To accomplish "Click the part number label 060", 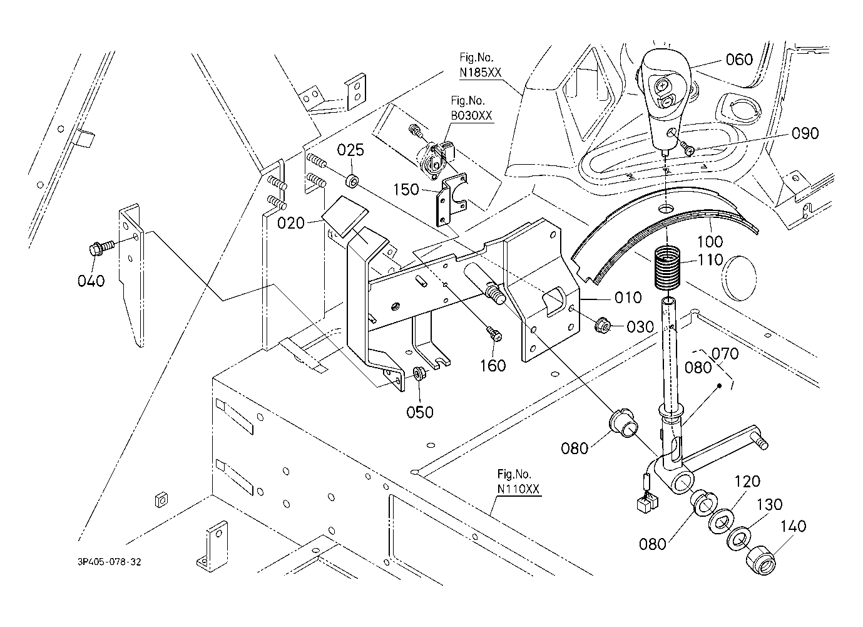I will tap(739, 60).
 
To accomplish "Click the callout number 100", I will tap(710, 241).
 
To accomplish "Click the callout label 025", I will tap(350, 150).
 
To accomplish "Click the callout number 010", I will tap(628, 297).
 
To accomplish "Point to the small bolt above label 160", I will tap(494, 334).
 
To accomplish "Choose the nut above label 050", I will tap(418, 375).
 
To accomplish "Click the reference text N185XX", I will tap(481, 73).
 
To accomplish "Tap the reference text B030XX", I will tap(472, 116).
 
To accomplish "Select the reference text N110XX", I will tap(518, 489).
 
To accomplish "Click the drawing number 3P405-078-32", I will tap(110, 562).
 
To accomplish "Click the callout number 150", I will tap(407, 189).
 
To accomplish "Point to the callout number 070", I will tap(725, 354).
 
